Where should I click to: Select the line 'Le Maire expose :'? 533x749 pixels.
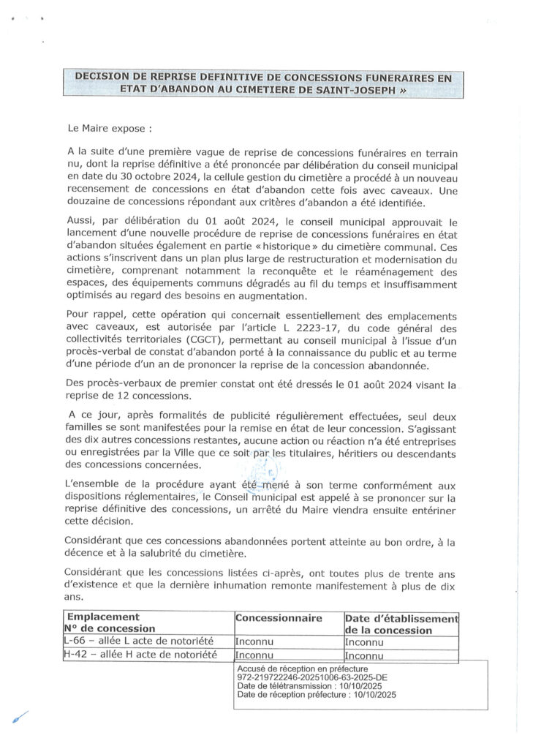coord(109,128)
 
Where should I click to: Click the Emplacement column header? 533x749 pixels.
coord(102,617)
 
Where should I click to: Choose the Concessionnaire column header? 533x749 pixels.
coord(279,618)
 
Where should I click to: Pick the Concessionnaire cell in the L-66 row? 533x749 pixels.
coord(254,642)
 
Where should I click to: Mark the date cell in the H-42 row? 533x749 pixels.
coord(364,656)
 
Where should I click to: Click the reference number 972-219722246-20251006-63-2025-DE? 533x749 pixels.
coord(312,678)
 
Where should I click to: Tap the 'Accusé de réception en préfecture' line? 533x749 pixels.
coord(303,669)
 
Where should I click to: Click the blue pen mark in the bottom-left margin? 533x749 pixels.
coord(20,716)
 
